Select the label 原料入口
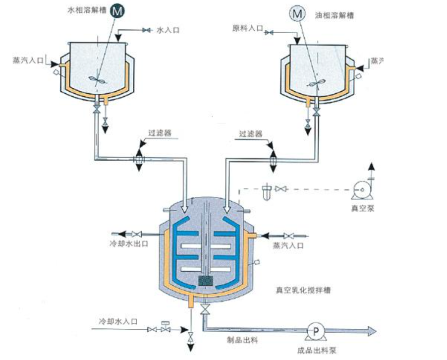pyautogui.click(x=247, y=28)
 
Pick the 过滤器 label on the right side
pyautogui.click(x=250, y=133)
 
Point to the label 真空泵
pyautogui.click(x=361, y=208)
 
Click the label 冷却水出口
pyautogui.click(x=128, y=244)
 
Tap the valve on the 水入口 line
pyautogui.click(x=146, y=31)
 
